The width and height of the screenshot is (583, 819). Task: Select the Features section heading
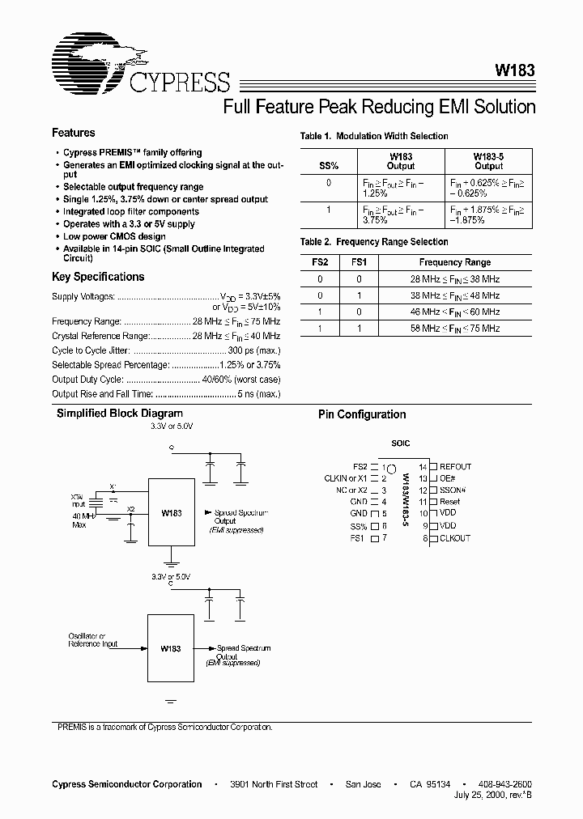point(73,133)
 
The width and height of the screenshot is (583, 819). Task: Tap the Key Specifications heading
point(97,277)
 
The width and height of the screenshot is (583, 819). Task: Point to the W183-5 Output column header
point(489,161)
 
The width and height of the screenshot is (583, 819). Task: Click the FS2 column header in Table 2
point(320,262)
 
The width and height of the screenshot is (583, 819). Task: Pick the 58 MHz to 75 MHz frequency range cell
point(454,329)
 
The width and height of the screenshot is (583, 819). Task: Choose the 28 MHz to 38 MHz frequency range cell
point(454,279)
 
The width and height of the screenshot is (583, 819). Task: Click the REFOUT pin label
point(455,467)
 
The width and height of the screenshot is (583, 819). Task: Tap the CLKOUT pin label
point(454,538)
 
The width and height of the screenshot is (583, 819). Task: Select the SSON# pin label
point(453,490)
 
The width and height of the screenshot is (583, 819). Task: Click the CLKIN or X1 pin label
point(346,478)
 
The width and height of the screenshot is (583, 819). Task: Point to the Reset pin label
point(449,502)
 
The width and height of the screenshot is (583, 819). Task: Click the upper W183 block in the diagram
point(171,514)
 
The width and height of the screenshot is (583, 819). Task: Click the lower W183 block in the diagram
point(171,648)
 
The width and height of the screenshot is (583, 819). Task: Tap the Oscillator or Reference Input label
point(92,640)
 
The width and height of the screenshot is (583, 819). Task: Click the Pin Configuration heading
point(362,414)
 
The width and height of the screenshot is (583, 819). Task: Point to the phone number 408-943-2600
point(505,784)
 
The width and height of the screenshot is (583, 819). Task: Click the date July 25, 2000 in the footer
point(479,796)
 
